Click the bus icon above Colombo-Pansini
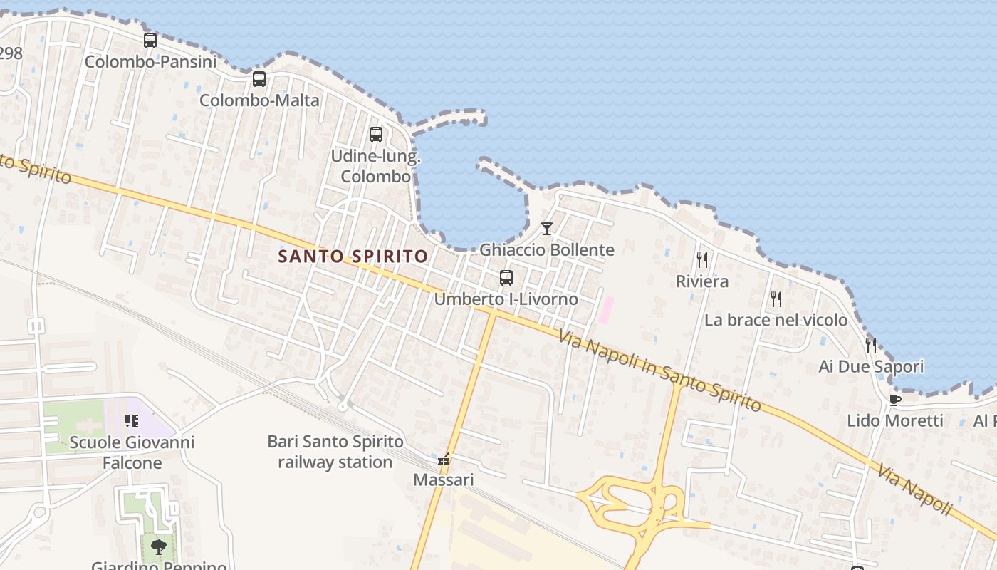point(150,41)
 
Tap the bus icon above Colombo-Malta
point(259,79)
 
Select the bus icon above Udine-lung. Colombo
point(376,135)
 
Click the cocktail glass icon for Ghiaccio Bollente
point(547,229)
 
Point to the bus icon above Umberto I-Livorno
point(506,278)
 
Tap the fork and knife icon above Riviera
point(702,259)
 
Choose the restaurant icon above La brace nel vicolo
point(776,299)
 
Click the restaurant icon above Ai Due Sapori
point(871,346)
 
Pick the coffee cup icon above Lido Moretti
point(895,400)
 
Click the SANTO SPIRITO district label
point(353,256)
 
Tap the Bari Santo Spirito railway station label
point(330,452)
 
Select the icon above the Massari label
point(444,460)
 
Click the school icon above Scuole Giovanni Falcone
point(131,421)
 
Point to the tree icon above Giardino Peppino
point(159,547)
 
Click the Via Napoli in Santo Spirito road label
point(659,371)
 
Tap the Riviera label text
point(702,281)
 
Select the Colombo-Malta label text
point(259,100)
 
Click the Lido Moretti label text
point(895,420)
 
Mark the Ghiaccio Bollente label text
point(547,250)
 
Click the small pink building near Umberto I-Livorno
point(606,310)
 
